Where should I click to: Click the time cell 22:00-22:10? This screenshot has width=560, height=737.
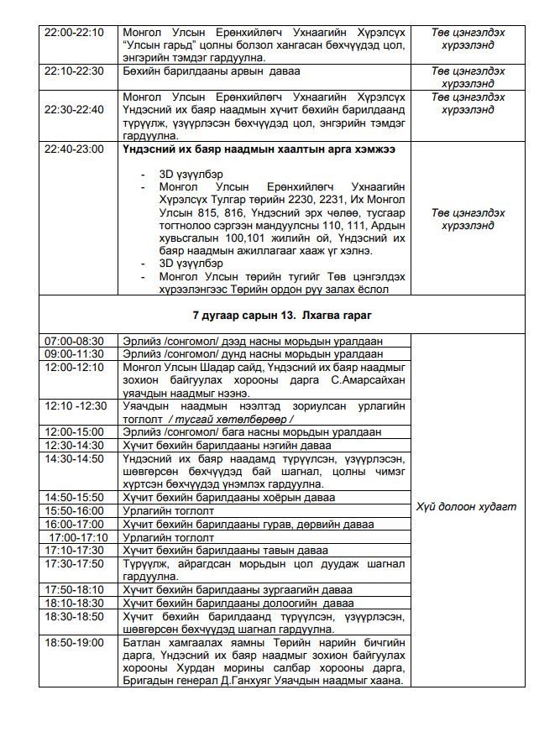[75, 32]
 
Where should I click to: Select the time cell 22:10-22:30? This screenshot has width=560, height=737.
[75, 71]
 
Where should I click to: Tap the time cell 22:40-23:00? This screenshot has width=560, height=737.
[75, 149]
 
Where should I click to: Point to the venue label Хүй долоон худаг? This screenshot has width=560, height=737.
[478, 506]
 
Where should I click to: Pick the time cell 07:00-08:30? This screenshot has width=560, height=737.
[75, 341]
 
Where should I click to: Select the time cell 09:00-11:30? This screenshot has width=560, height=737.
[75, 354]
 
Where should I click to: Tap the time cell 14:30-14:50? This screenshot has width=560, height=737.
[75, 459]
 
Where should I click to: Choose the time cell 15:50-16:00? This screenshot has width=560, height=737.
[75, 510]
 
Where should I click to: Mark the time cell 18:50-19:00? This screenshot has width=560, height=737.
[75, 643]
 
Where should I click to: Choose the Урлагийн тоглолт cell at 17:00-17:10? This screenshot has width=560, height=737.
[169, 537]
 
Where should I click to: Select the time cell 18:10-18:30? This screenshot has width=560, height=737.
[75, 603]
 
